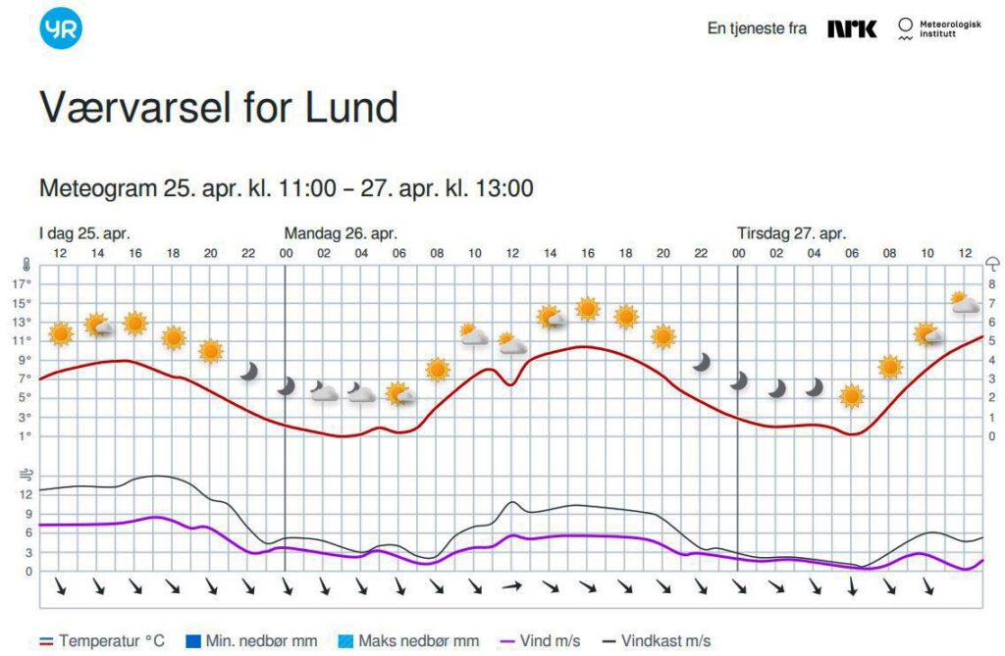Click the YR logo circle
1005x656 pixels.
(x=61, y=27)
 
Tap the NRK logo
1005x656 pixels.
(x=851, y=28)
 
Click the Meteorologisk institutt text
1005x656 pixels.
(x=949, y=29)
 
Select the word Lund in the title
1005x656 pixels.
(x=351, y=107)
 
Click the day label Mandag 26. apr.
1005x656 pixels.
(x=341, y=233)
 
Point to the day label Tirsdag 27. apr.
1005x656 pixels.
(x=791, y=233)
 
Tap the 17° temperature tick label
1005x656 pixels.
(x=22, y=284)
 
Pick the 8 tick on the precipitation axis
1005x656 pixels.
(x=992, y=284)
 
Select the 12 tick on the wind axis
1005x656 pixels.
(x=26, y=494)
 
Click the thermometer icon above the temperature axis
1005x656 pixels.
(x=26, y=265)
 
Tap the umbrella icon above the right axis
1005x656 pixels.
(x=992, y=264)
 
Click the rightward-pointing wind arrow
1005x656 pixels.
(x=512, y=586)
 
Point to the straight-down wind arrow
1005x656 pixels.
(x=852, y=586)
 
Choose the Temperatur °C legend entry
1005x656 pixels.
(x=101, y=641)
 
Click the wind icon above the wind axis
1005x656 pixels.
(x=26, y=476)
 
